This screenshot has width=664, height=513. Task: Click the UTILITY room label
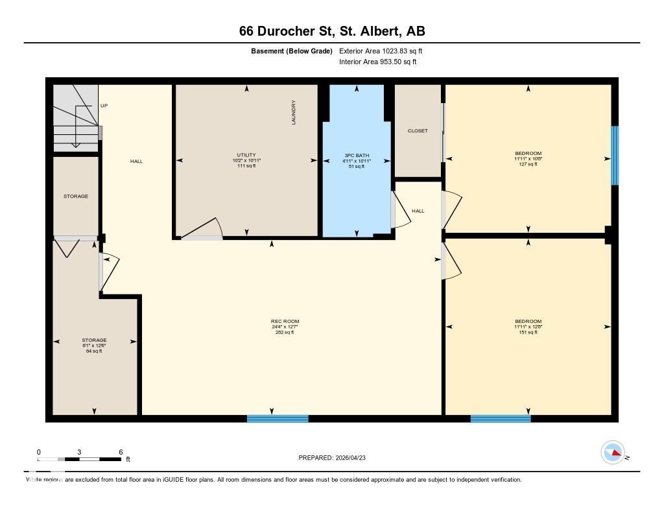tap(246, 154)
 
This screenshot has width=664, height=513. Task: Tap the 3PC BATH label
tap(356, 155)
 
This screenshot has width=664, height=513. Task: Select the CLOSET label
tap(418, 131)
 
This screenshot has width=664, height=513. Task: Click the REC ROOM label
tap(285, 322)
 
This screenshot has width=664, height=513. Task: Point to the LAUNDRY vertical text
tap(294, 112)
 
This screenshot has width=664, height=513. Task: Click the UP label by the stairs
tap(104, 105)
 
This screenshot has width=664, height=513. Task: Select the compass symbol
tap(613, 453)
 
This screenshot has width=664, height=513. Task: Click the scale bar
tap(80, 459)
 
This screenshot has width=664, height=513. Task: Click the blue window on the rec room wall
tap(278, 418)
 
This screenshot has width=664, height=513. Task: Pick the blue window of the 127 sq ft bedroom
tap(615, 155)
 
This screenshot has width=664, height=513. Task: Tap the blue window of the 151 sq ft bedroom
tap(501, 418)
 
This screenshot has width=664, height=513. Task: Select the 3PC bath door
tap(400, 210)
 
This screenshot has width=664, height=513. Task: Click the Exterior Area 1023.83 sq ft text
tap(381, 51)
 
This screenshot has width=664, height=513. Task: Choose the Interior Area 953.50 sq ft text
tap(377, 62)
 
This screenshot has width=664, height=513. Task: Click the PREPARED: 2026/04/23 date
tap(337, 458)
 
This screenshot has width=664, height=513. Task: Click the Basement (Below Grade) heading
tap(292, 51)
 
